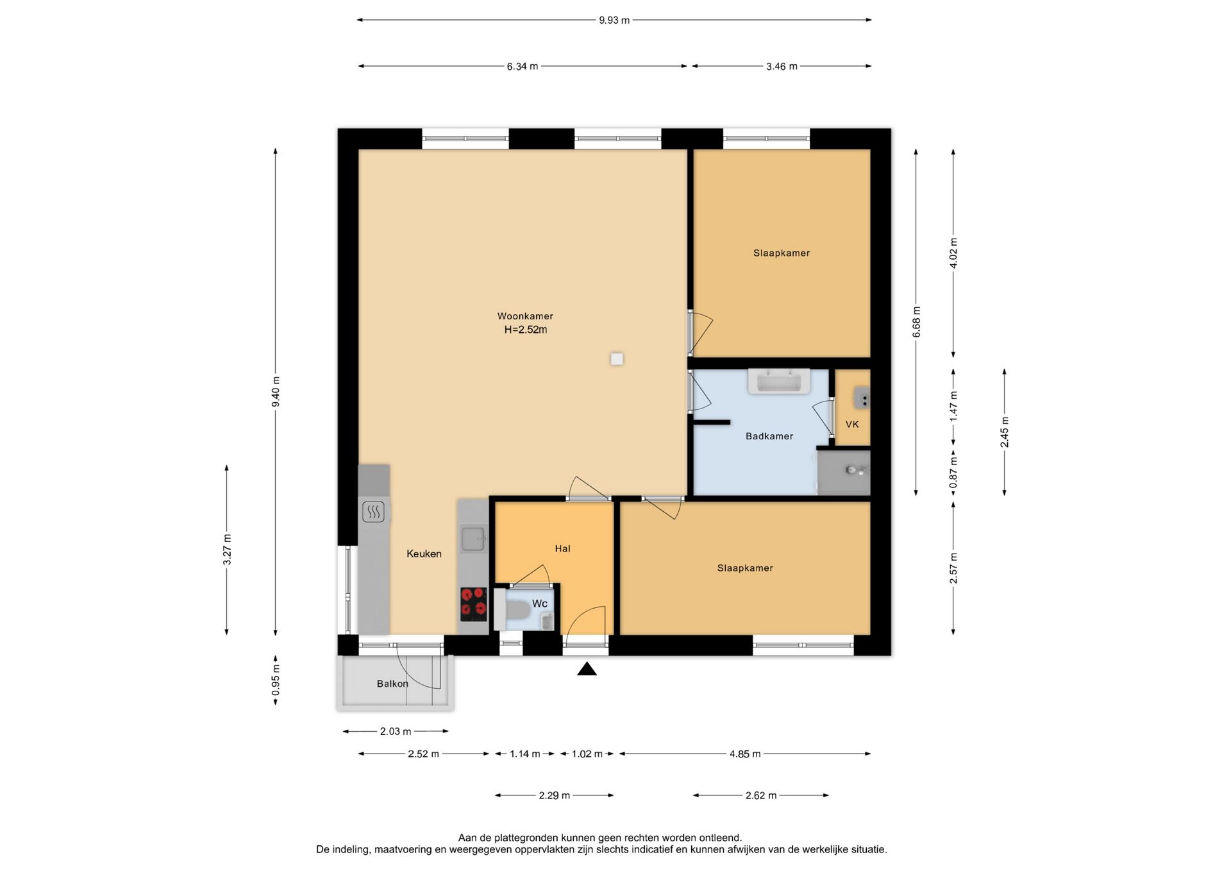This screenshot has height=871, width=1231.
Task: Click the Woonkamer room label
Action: (x=525, y=316)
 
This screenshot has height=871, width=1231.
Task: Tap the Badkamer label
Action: (x=769, y=436)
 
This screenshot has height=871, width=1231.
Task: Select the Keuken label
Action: (x=424, y=554)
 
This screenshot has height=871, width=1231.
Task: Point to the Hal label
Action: (x=562, y=548)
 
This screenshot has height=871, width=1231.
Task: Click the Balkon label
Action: (x=392, y=684)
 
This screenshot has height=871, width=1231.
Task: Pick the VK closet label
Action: (x=852, y=424)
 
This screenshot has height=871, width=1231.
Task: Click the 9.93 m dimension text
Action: (x=614, y=20)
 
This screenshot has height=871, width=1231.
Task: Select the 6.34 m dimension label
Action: (x=523, y=66)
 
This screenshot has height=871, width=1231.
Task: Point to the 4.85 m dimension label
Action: (x=745, y=754)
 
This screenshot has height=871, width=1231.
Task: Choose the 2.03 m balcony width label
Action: (x=396, y=731)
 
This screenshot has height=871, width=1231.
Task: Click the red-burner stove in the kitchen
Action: (x=474, y=604)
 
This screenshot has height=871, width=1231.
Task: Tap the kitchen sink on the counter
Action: (x=474, y=539)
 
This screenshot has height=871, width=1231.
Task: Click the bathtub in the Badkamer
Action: (x=779, y=382)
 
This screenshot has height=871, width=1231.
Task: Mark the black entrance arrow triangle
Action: (x=587, y=669)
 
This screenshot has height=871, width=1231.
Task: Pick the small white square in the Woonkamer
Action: (x=617, y=359)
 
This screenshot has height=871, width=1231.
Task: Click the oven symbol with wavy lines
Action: (x=374, y=512)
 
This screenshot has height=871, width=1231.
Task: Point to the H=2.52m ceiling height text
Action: (x=526, y=330)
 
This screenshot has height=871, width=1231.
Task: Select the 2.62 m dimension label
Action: (x=761, y=795)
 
